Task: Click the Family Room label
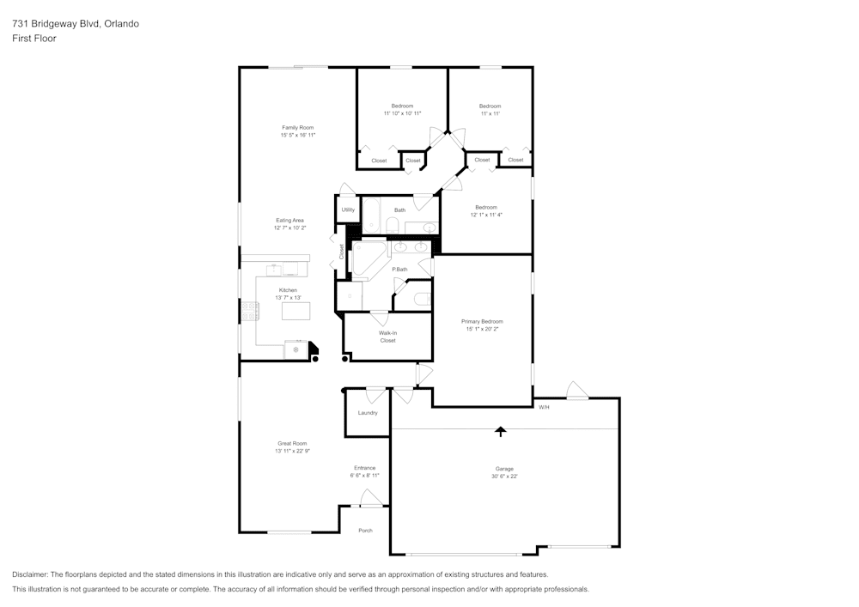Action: (297, 127)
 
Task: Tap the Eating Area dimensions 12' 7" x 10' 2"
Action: (289, 228)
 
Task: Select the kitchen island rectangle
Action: (295, 312)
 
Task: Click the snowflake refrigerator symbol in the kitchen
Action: (296, 349)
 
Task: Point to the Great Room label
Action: (292, 443)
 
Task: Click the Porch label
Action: (365, 531)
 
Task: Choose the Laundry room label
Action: (368, 413)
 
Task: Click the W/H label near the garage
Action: (544, 407)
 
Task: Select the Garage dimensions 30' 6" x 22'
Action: (503, 476)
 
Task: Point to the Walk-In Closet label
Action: (387, 337)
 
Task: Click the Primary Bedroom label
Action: (482, 321)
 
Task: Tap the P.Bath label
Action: (399, 270)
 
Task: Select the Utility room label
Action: (348, 209)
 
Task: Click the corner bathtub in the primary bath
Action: (368, 259)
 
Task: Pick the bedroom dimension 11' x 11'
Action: (490, 113)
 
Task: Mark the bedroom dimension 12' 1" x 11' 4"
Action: (486, 215)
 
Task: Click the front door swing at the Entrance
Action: (369, 499)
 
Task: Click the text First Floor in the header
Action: (34, 39)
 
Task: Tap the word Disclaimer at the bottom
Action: (31, 574)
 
